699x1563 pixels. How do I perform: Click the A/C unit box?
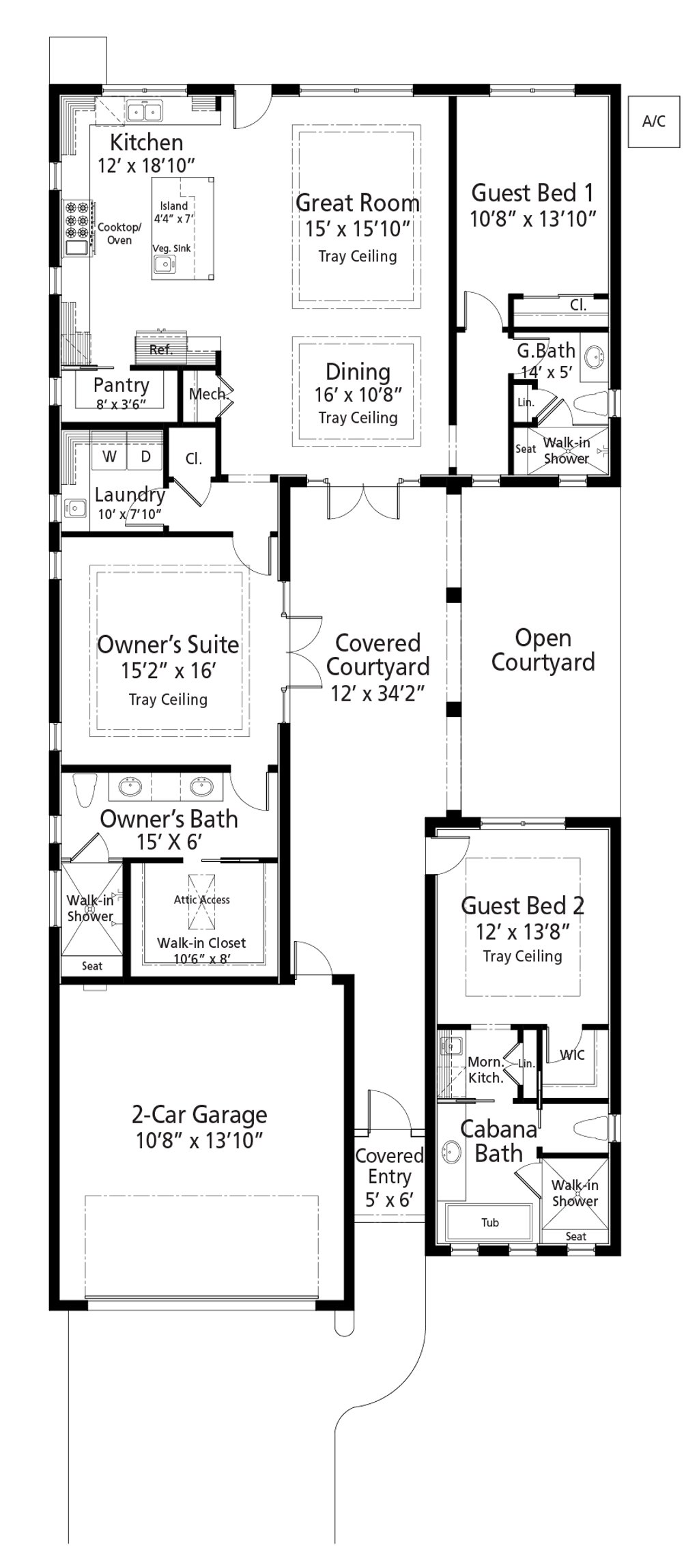coord(653,122)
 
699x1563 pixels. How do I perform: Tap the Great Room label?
coord(357,203)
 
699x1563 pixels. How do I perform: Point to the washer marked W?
coord(109,456)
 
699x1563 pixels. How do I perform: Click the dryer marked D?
coord(145,456)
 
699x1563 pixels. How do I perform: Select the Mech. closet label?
coord(207,394)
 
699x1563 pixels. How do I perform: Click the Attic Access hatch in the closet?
coord(201,900)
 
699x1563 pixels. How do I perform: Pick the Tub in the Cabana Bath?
coord(489,1222)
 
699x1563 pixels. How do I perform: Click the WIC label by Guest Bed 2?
coord(572,1055)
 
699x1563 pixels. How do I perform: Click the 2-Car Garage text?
coord(199,1115)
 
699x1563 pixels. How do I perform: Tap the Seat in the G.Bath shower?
coord(526,449)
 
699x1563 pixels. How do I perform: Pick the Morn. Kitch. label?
coord(485,1070)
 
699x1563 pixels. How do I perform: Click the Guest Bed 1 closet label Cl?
coord(577,305)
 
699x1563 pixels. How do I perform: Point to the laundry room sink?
coord(74,507)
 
